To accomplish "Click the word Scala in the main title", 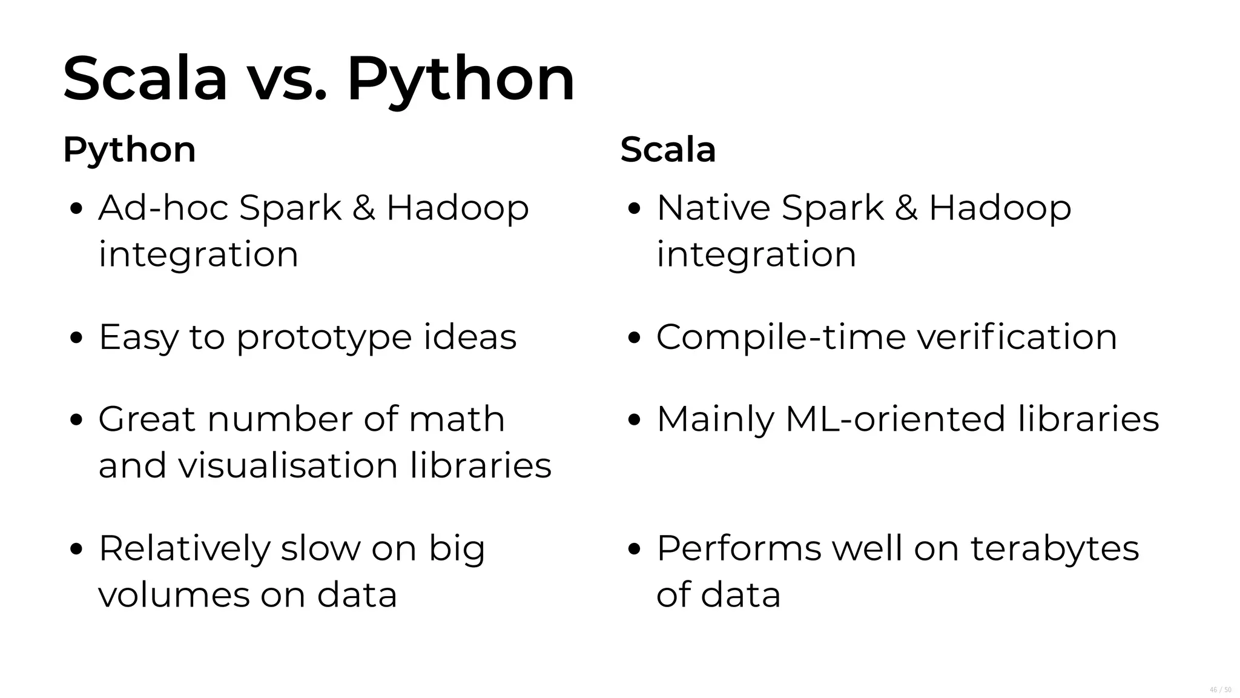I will (x=145, y=79).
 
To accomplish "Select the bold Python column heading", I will (x=130, y=150).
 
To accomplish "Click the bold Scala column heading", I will (x=668, y=150).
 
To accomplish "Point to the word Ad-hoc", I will (x=163, y=208).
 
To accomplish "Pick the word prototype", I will (x=324, y=338).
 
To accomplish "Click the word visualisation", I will (x=288, y=465).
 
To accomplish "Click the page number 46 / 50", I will (x=1220, y=690).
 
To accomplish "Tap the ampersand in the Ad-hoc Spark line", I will (x=363, y=208).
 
